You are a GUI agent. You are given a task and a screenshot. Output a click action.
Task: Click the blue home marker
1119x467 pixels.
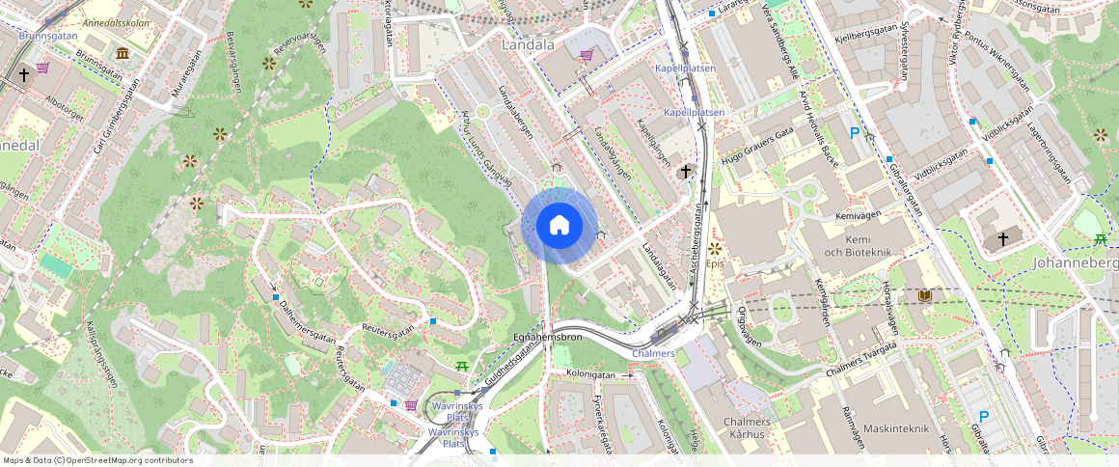559,226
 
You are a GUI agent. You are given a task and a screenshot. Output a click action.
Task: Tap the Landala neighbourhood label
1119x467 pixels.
528,44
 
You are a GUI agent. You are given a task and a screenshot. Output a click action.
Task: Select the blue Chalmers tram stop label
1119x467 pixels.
653,354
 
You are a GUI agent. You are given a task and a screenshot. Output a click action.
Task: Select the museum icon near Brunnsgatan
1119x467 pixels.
123,52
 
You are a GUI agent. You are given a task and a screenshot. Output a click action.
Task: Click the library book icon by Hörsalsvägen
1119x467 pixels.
925,294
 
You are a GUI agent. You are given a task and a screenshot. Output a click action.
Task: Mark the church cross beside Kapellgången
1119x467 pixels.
686,172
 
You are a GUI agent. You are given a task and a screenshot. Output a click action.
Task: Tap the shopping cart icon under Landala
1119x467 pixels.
587,55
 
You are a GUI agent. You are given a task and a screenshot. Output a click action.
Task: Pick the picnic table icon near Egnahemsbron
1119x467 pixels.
463,366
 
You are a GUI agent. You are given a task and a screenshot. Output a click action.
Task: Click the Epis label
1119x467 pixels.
714,262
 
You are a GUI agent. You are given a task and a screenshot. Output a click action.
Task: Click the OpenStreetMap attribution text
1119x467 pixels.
96,460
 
